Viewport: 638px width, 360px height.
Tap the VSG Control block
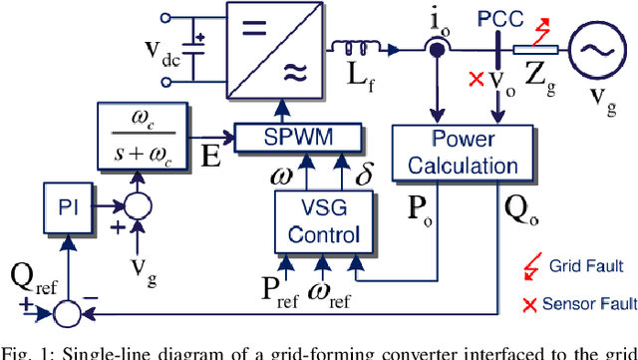point(314,219)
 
